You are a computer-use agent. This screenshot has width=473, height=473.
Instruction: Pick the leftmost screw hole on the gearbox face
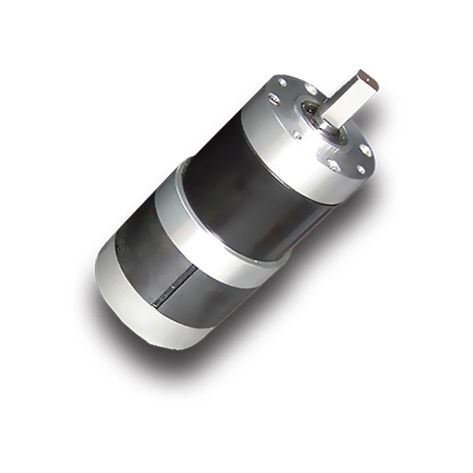(x=274, y=101)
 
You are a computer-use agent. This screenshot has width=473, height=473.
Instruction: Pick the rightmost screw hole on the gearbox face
(x=366, y=150)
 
